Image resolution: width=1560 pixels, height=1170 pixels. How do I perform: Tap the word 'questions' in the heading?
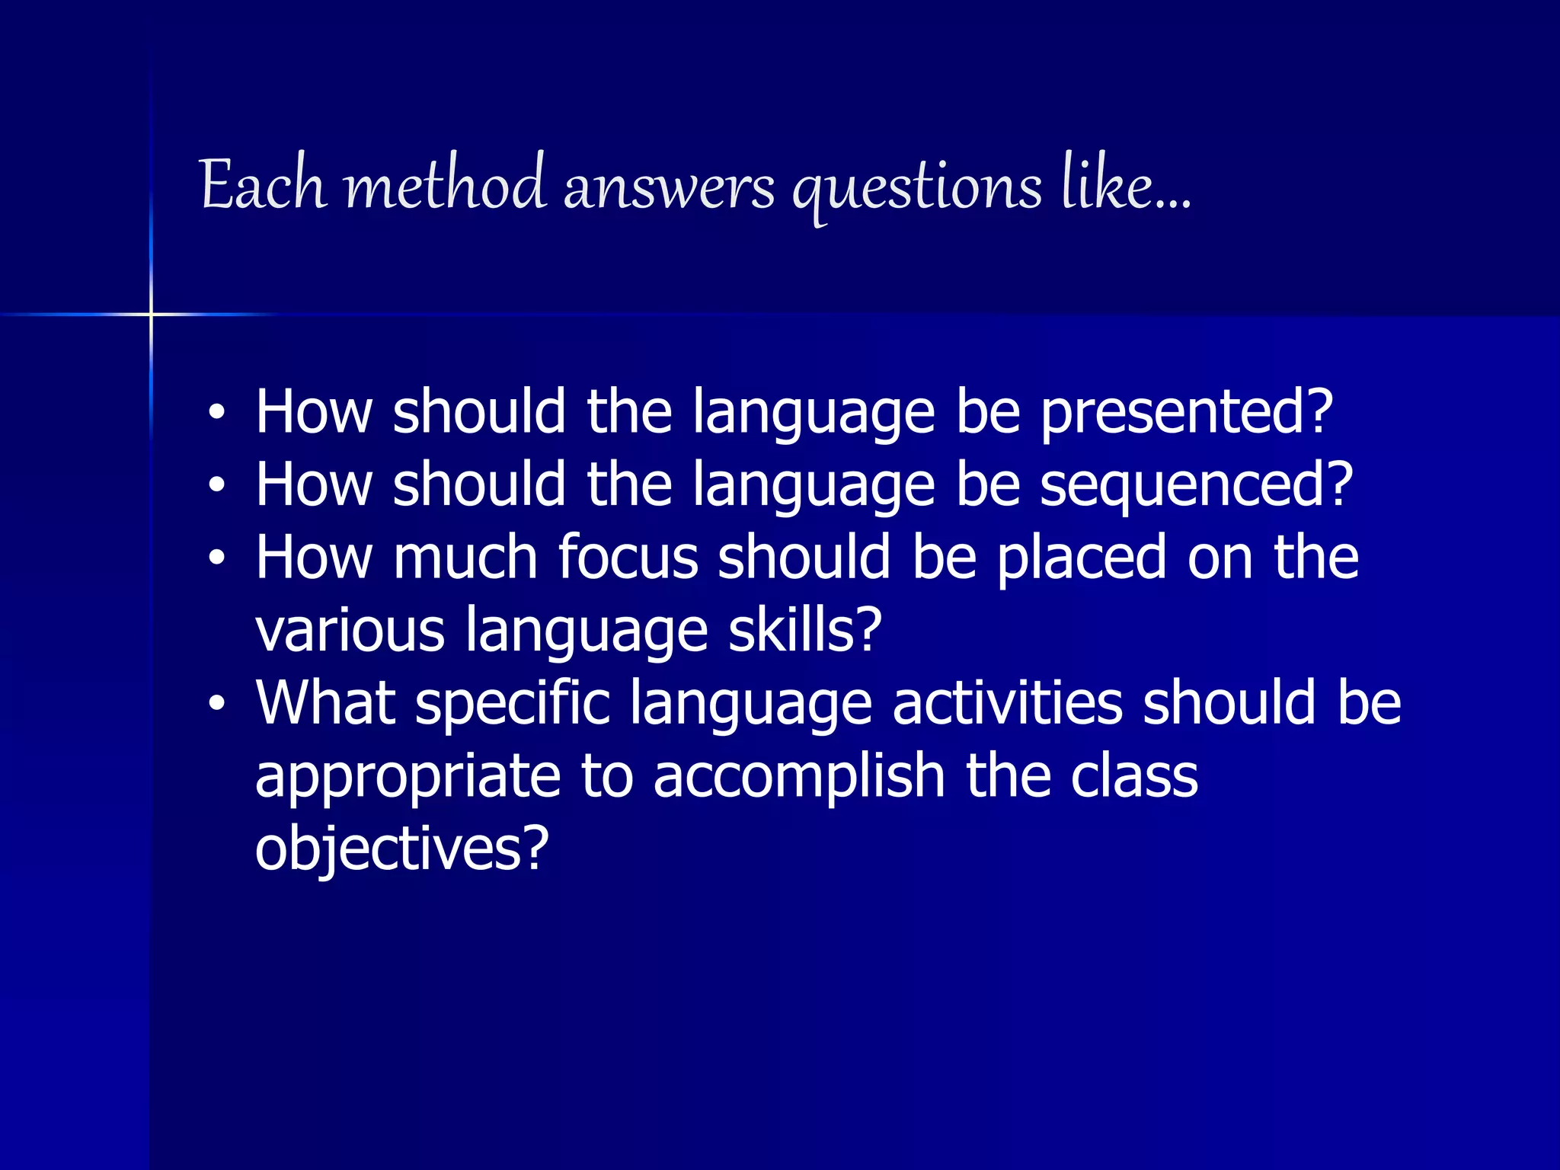pos(916,189)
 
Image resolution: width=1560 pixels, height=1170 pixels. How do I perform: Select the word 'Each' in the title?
pos(264,184)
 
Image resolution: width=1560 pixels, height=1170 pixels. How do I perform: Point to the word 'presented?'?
pos(1186,413)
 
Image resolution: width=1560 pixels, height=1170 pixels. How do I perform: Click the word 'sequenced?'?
pos(1196,486)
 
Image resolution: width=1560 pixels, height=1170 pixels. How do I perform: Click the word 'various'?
pos(350,631)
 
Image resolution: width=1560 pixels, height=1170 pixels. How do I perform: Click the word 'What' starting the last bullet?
pos(325,702)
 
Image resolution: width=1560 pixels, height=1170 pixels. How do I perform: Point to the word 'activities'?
pos(1007,702)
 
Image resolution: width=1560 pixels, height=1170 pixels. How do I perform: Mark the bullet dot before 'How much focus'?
pos(217,558)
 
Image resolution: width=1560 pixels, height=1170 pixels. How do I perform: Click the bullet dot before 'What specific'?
pos(217,703)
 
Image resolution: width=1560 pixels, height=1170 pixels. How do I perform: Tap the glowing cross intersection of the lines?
pos(151,314)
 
